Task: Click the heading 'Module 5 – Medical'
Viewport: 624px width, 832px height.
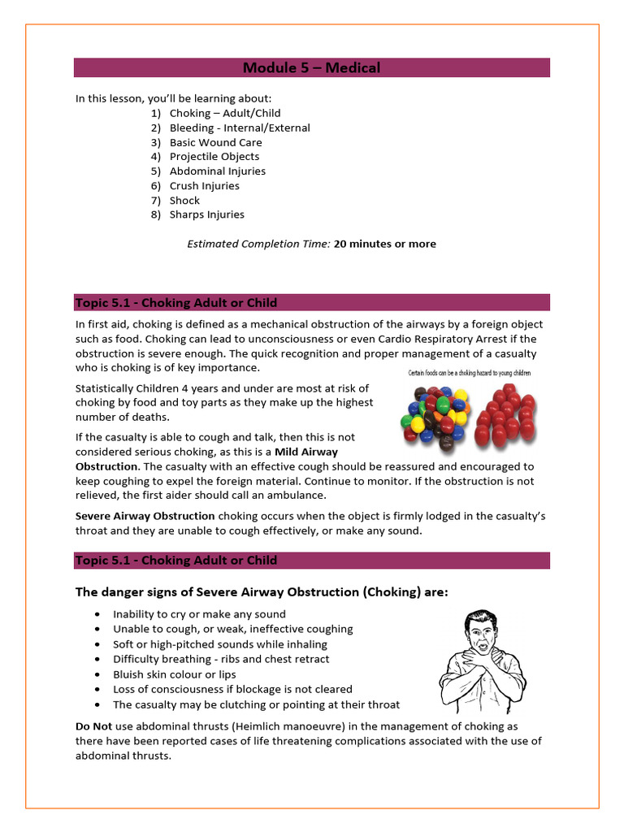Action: (312, 67)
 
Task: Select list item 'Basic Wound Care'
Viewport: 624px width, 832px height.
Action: (215, 142)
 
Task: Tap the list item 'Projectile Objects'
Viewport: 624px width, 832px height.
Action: (214, 157)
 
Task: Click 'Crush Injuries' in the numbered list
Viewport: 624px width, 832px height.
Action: (204, 186)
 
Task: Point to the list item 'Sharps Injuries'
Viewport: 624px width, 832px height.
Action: (206, 215)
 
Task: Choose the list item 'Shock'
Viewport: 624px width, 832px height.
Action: (184, 201)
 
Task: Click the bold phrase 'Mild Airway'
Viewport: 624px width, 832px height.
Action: (306, 452)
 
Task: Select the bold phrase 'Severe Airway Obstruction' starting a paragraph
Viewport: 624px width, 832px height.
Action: (145, 516)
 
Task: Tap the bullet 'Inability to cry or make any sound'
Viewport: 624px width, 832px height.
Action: (199, 614)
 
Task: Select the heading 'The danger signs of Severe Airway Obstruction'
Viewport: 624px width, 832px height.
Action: (262, 591)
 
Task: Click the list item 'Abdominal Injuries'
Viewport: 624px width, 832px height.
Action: (217, 171)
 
